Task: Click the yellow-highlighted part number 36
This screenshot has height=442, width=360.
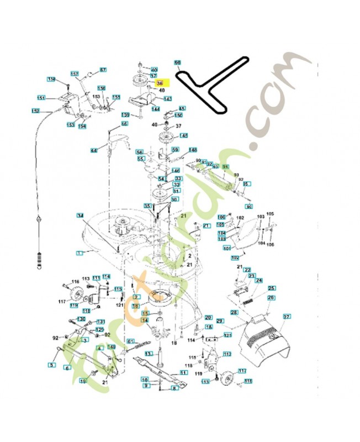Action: coord(160,83)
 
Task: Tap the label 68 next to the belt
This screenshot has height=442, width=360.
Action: coord(177,62)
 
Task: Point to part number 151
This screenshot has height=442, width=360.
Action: coord(41,98)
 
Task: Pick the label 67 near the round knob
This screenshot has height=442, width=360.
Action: coord(103,70)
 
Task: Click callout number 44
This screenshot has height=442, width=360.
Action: coord(94,150)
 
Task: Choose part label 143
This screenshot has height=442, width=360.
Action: coord(168,99)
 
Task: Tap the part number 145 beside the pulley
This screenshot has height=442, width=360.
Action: coord(183,135)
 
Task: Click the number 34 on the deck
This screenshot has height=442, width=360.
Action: coord(80,215)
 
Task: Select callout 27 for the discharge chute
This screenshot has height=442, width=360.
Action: coord(287,317)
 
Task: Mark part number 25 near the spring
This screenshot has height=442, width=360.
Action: coord(272,288)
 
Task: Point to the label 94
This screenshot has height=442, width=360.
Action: coord(225,166)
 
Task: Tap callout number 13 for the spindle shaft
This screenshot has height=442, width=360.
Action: coord(144,311)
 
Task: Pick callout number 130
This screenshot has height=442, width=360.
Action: coord(81,319)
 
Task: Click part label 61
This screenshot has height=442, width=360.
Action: coord(131,342)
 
